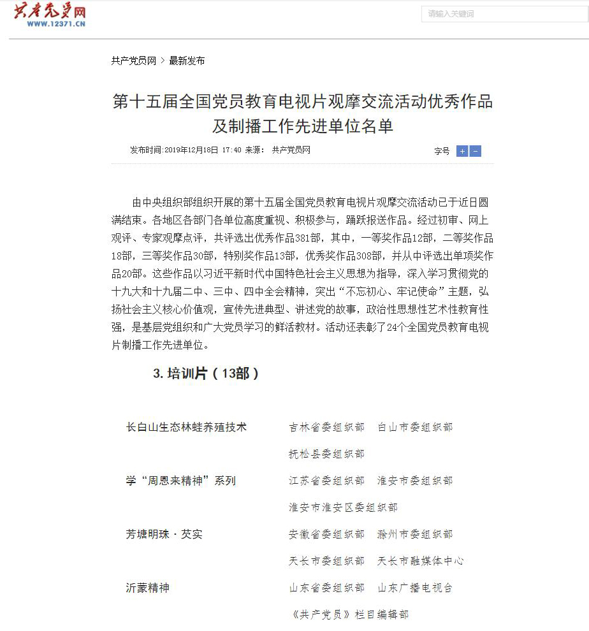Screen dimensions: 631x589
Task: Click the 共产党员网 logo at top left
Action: point(50,15)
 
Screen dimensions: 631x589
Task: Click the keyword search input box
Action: point(504,14)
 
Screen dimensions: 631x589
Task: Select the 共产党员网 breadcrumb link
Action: point(134,61)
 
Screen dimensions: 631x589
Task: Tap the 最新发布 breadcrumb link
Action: point(187,61)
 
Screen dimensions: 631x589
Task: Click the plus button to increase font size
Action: point(462,151)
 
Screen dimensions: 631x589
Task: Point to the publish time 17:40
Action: point(231,150)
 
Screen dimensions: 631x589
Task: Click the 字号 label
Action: point(442,151)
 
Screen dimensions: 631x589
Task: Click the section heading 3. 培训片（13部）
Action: point(206,374)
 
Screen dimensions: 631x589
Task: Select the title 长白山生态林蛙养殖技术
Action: point(186,427)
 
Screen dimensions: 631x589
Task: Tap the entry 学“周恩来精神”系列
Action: point(180,481)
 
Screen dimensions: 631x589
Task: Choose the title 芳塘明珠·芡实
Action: point(164,534)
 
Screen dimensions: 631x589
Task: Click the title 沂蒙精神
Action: point(148,588)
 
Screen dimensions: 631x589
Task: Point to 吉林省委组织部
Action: point(326,427)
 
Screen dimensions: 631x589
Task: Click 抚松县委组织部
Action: point(326,454)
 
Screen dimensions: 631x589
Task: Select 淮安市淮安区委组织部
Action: point(343,507)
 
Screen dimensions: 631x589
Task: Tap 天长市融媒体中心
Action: point(421,561)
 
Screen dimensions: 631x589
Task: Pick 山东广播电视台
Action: point(415,588)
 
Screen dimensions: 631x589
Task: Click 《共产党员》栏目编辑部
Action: point(349,614)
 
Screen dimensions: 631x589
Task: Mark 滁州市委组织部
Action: point(415,534)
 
